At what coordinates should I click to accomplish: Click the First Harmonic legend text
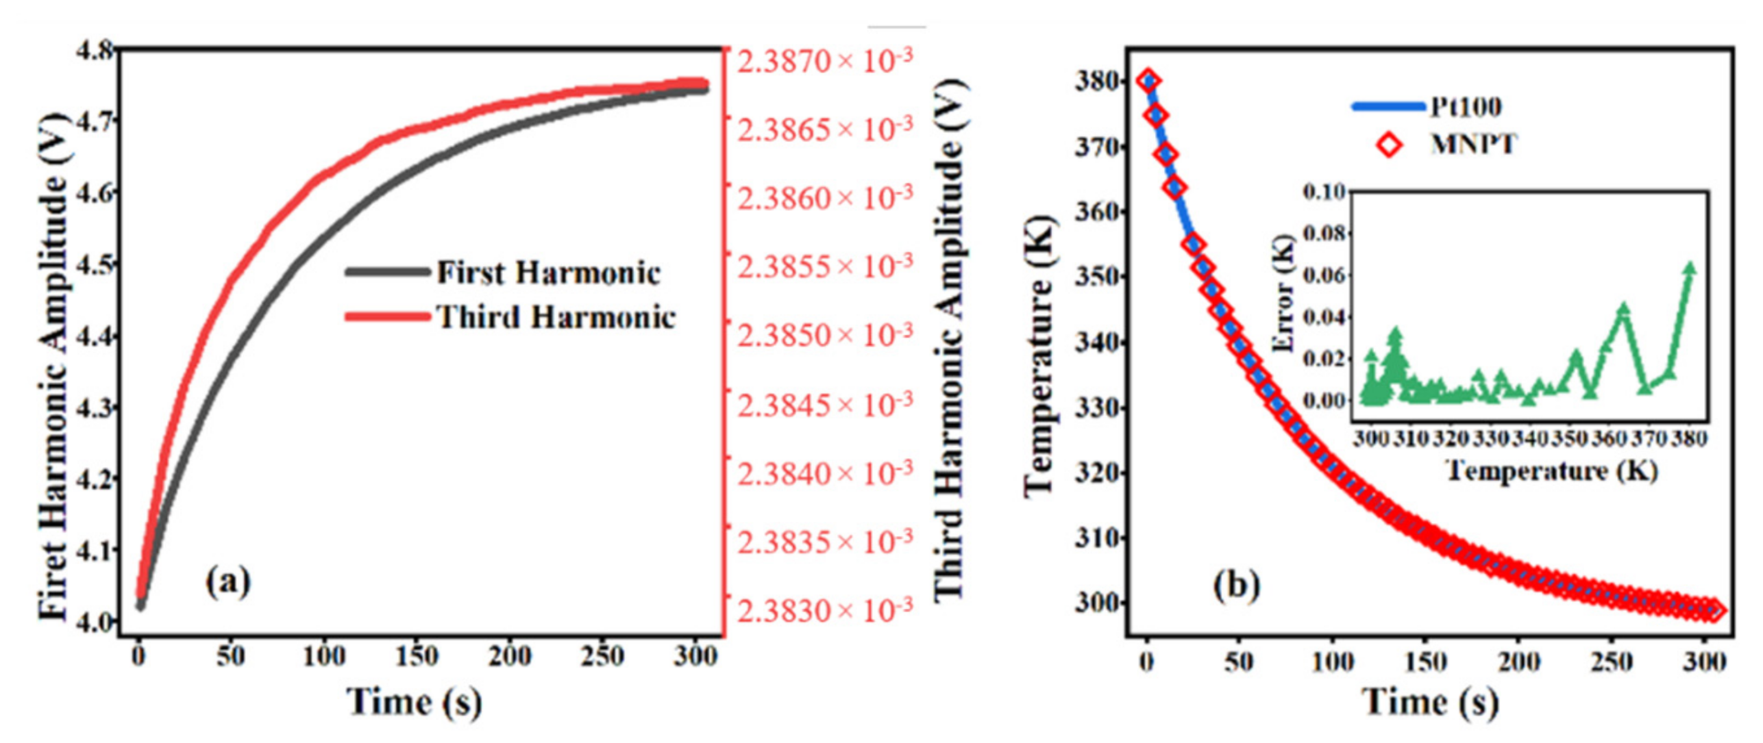[x=547, y=273]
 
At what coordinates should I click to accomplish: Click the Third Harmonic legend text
[x=556, y=317]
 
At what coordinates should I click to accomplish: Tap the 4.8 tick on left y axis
[x=95, y=51]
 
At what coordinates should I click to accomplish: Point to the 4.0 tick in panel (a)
[x=95, y=622]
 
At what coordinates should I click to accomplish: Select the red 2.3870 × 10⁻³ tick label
[x=824, y=62]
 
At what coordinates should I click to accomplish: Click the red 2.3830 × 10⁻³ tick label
[x=824, y=610]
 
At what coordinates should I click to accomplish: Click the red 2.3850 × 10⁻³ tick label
[x=824, y=336]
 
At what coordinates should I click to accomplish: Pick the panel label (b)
[x=1236, y=585]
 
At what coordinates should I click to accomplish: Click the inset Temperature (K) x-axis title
[x=1552, y=471]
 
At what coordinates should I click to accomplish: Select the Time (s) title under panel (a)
[x=415, y=702]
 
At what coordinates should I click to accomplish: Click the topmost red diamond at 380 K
[x=1148, y=80]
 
